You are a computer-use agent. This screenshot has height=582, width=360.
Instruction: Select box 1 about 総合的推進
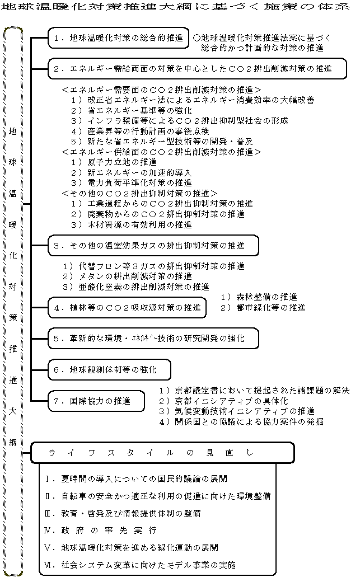pos(118,38)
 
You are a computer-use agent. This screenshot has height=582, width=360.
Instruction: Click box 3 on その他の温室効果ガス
pos(153,245)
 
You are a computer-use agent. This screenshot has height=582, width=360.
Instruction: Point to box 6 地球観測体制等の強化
pos(109,370)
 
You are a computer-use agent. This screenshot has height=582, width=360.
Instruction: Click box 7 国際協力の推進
pos(96,401)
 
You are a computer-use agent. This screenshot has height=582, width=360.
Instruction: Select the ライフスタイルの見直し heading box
pos(162,452)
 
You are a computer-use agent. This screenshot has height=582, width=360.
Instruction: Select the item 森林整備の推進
pos(259,297)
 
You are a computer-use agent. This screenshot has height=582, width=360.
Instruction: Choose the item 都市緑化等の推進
pos(263,307)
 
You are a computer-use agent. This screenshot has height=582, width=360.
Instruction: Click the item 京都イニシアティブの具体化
pos(223,401)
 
